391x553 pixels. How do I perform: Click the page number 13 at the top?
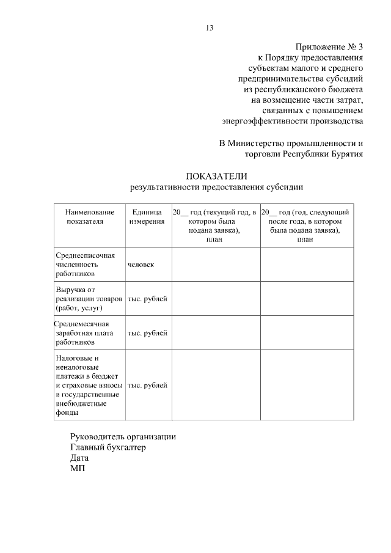point(209,27)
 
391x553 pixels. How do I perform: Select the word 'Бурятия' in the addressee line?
point(346,154)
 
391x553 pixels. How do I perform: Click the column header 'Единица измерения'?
point(147,216)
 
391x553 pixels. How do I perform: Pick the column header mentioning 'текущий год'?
point(216,225)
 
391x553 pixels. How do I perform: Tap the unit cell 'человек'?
point(141,265)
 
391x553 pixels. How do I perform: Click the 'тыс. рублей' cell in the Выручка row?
point(147,299)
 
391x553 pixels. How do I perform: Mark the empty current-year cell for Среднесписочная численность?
point(216,265)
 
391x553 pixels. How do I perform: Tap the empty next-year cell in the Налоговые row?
point(307,385)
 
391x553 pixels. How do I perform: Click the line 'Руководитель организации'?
point(123,437)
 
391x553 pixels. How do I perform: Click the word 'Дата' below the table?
point(79,458)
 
